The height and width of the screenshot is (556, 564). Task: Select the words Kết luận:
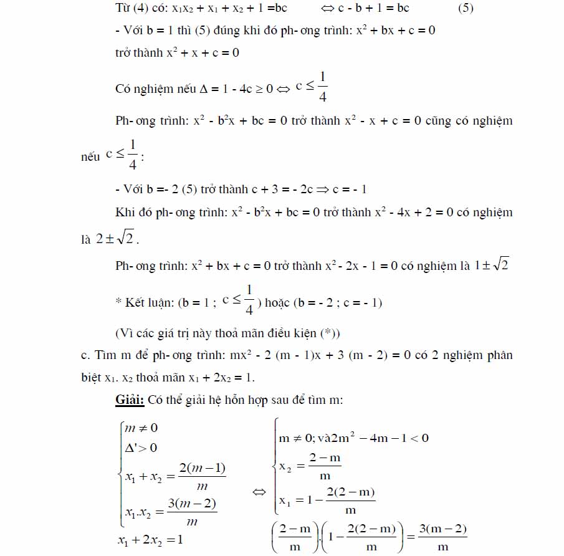pyautogui.click(x=148, y=304)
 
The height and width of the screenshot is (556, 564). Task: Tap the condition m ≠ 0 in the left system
pyautogui.click(x=141, y=428)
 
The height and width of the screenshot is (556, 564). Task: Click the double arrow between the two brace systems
pyautogui.click(x=259, y=492)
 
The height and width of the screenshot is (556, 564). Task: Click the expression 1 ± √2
pyautogui.click(x=492, y=266)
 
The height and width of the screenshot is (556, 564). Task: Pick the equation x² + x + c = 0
pyautogui.click(x=203, y=53)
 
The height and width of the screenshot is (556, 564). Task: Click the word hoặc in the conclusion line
pyautogui.click(x=280, y=304)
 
